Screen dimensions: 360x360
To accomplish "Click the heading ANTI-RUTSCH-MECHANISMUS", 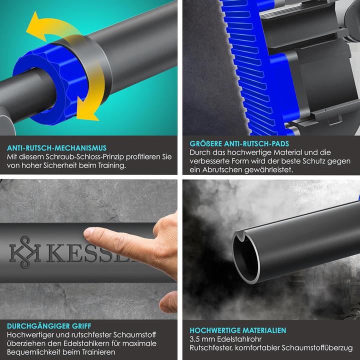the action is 56,148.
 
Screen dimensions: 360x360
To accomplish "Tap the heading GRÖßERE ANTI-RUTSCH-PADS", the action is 239,143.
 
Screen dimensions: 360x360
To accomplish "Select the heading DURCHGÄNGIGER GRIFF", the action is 49,326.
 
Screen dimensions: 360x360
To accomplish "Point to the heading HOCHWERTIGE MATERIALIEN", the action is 238,330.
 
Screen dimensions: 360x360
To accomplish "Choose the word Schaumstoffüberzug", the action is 317,348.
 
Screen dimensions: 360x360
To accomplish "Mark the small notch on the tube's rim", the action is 241,237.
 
